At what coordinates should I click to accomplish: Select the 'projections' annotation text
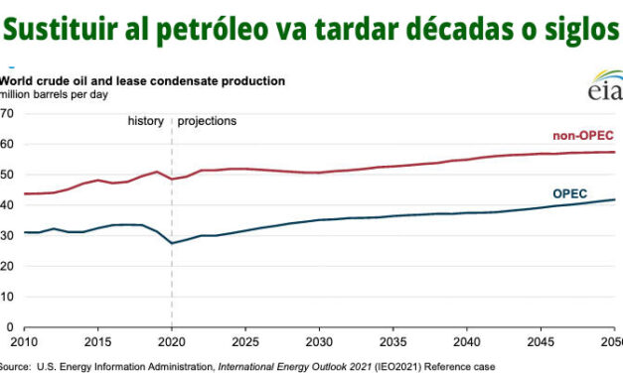(208, 121)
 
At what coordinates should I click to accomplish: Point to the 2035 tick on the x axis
(393, 341)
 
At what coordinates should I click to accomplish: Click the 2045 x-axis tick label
(542, 341)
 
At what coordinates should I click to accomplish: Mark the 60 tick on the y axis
(7, 144)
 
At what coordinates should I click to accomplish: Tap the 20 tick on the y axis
(7, 266)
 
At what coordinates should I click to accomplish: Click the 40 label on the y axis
(7, 205)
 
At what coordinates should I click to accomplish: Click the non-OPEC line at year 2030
(319, 173)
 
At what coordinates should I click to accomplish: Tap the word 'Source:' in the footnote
(18, 364)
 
